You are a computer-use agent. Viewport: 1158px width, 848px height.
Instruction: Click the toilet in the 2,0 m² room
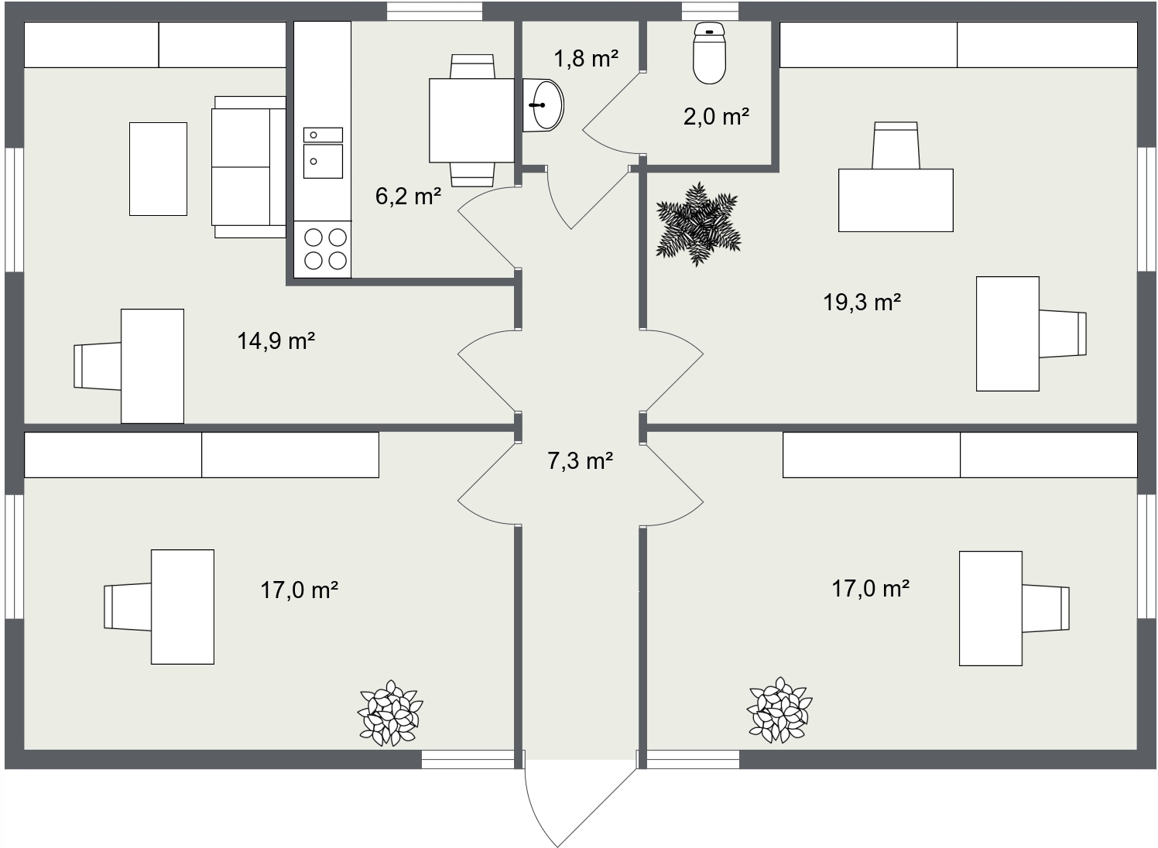tap(709, 53)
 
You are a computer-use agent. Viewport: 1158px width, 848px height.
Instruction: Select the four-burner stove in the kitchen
tap(323, 250)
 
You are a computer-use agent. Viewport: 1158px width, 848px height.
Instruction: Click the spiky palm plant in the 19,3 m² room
tap(698, 224)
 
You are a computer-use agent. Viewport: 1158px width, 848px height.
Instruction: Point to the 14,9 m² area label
tap(276, 341)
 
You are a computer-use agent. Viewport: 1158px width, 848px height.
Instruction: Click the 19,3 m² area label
tap(862, 302)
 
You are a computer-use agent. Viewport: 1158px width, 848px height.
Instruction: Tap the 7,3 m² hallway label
tap(580, 460)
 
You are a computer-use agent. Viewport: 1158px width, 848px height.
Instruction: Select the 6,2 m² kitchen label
tap(408, 197)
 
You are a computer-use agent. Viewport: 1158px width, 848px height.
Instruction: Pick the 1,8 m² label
tap(586, 58)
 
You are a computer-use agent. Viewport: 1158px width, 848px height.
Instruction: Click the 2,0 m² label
tap(716, 116)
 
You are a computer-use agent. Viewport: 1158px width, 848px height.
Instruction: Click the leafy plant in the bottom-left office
tap(390, 713)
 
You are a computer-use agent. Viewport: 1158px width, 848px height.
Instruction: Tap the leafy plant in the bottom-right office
tap(779, 710)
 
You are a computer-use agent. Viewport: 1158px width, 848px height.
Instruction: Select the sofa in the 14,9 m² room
tap(248, 167)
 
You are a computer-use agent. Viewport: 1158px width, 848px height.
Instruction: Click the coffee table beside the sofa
tap(158, 169)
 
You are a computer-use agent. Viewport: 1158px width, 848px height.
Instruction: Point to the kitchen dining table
tap(471, 121)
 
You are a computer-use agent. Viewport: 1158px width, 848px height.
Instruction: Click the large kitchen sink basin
tap(323, 161)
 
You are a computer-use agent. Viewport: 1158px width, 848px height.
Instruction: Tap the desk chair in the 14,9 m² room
tap(98, 366)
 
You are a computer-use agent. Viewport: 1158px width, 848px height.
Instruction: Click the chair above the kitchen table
tap(472, 66)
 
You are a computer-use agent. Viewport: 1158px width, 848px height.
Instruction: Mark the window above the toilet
tap(710, 12)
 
